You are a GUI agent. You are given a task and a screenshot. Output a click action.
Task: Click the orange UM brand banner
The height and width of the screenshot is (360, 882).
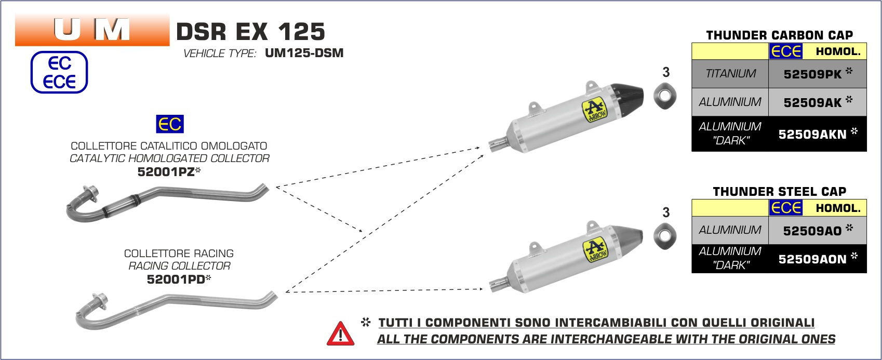coord(92,30)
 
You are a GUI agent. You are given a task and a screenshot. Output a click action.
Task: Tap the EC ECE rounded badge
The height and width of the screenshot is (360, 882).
coord(59,72)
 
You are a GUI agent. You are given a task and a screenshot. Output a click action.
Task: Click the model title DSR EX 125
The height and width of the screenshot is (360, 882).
coord(250,32)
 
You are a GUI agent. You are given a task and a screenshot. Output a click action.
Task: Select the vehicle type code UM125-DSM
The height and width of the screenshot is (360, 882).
coord(304,53)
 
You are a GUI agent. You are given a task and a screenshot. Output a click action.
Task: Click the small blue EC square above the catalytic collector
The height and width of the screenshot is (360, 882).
coord(170,124)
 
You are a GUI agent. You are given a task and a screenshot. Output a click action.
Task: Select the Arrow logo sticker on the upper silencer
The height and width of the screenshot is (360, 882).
coord(595,111)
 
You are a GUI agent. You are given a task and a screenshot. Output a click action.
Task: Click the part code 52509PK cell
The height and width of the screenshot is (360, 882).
coord(817,74)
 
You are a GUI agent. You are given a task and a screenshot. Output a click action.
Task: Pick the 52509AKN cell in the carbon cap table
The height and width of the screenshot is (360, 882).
coord(818,134)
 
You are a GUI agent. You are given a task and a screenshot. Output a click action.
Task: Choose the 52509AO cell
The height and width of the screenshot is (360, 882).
coord(818,231)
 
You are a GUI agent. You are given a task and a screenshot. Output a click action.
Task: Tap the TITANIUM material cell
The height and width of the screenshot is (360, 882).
coord(730,74)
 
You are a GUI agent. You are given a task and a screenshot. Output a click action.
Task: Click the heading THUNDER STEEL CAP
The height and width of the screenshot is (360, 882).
coord(779,192)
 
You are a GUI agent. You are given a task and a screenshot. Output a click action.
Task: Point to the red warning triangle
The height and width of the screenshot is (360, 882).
coord(341,334)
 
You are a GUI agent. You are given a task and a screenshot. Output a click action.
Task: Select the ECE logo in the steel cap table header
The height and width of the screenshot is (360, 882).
coord(785,208)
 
